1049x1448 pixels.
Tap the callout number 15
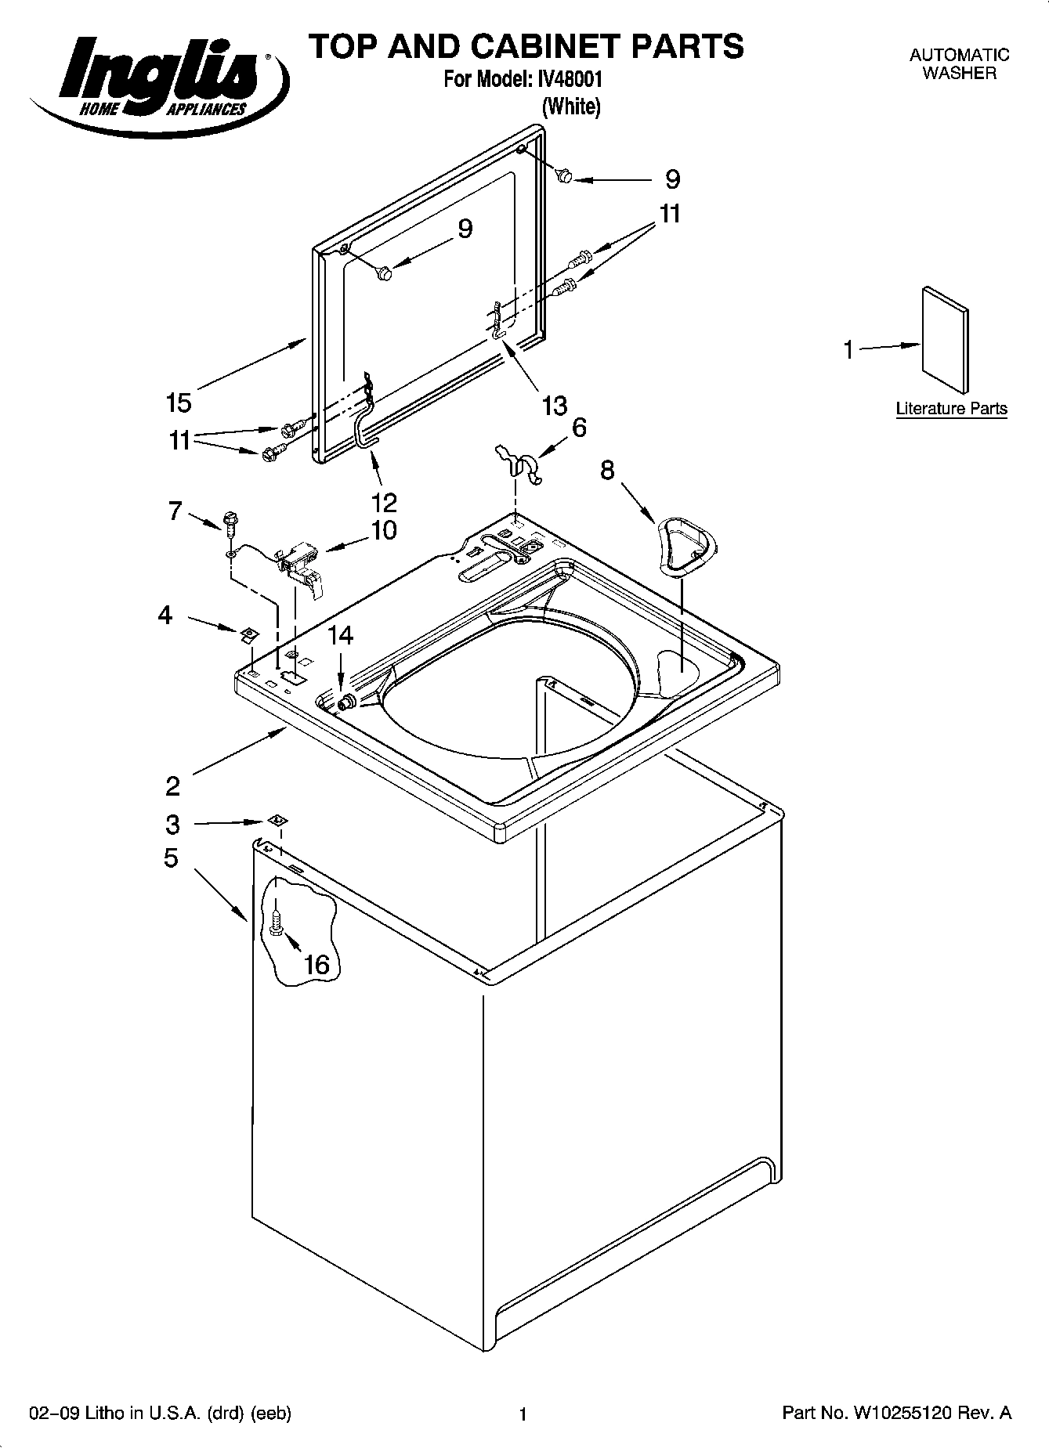[x=179, y=403]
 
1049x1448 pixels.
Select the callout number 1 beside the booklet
[x=848, y=350]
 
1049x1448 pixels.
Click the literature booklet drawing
[x=946, y=338]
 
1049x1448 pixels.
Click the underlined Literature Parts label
[x=951, y=409]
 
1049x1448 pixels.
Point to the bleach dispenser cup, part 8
[x=687, y=545]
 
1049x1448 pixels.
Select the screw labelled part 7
[x=230, y=522]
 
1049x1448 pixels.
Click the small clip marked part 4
[x=248, y=633]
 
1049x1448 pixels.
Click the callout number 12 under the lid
[x=384, y=501]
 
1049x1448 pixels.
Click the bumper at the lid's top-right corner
[x=562, y=177]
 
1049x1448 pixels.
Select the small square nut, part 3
[x=275, y=820]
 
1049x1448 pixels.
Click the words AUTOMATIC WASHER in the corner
[x=959, y=64]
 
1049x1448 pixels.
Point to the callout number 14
[x=340, y=635]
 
